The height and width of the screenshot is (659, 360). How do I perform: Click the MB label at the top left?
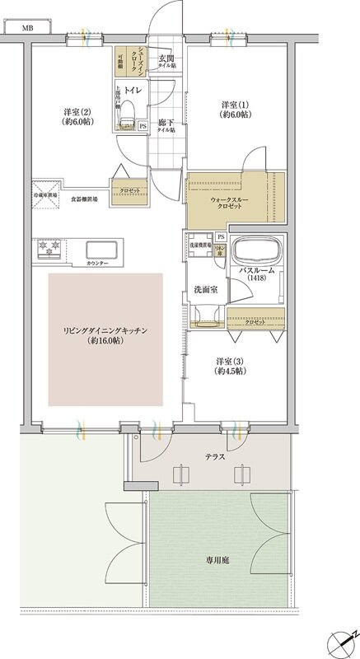pos(27,27)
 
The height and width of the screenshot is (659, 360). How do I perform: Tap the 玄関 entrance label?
pos(166,59)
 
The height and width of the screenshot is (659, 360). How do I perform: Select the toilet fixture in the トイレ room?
pos(126,123)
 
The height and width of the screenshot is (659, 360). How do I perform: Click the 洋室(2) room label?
pos(78,116)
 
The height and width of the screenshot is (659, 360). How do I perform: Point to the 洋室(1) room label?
pos(236,110)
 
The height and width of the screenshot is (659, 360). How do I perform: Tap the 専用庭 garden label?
pos(217,559)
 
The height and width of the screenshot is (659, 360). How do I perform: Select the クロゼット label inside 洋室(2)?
pos(129,189)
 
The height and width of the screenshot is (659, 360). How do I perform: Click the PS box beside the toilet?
pos(142,126)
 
